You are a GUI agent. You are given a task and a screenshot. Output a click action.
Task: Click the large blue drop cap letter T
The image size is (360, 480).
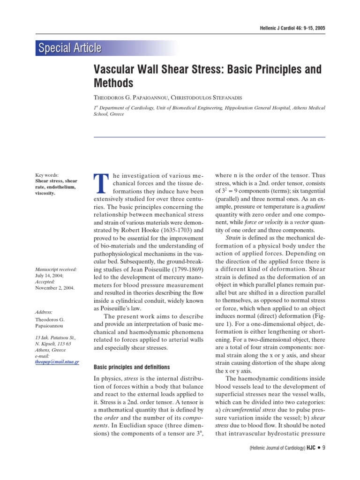[x=101, y=182]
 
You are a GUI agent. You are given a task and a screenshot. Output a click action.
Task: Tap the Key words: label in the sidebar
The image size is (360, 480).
[x=47, y=175]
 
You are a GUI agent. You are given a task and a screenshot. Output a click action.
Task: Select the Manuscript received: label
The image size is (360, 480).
[x=56, y=270]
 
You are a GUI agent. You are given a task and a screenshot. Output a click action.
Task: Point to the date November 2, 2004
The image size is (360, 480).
[x=55, y=288]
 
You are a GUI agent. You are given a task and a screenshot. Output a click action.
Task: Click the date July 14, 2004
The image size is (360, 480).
[x=48, y=276]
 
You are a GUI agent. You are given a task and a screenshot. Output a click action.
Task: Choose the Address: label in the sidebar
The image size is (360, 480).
[x=44, y=312]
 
